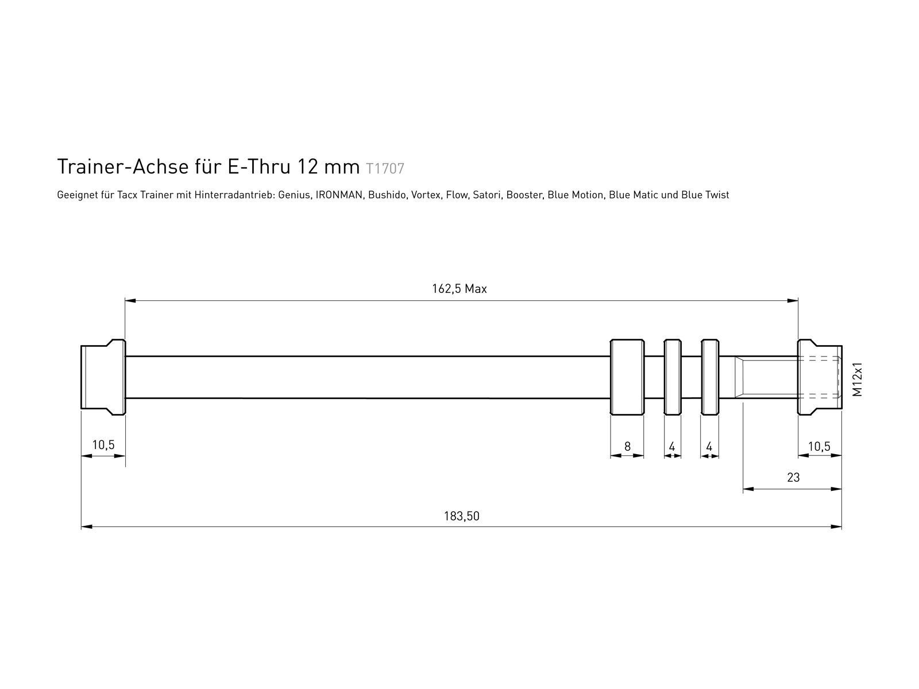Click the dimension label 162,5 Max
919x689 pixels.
click(x=459, y=289)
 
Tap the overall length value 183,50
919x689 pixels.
click(x=461, y=516)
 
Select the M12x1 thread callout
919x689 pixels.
click(x=857, y=380)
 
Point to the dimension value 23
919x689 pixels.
click(x=793, y=477)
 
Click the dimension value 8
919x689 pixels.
click(x=627, y=446)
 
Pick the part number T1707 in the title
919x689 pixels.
click(x=385, y=169)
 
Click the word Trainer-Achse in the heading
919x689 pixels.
click(x=123, y=167)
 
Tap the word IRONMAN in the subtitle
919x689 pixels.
click(x=339, y=195)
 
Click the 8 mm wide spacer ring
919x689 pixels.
click(x=627, y=377)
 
